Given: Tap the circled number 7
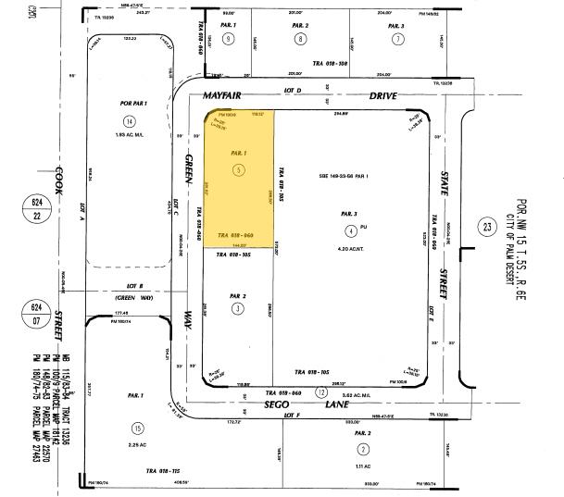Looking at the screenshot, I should pos(397,38).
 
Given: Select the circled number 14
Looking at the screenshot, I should pos(129,121).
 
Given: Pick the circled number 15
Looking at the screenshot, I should pos(138,428).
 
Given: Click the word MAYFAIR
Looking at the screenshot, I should pos(223,93).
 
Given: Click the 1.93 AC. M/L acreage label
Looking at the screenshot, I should pos(129,137).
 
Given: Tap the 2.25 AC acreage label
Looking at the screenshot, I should pos(138,443).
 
